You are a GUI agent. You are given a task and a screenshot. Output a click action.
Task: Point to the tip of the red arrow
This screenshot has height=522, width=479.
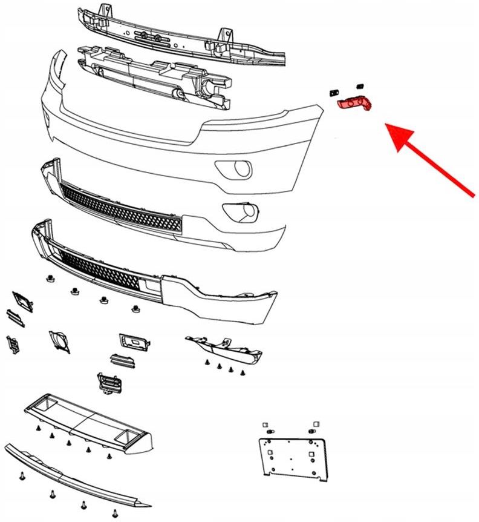388,126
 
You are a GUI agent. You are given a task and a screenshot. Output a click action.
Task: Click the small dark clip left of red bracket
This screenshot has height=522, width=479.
331,93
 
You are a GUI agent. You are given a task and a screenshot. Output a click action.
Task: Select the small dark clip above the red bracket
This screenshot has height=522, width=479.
358,85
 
